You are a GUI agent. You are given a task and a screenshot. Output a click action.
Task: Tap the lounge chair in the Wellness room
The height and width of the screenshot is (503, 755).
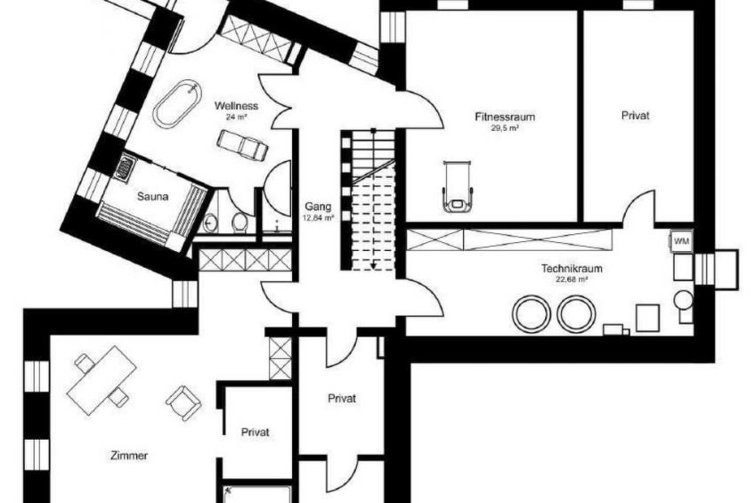coord(242,144)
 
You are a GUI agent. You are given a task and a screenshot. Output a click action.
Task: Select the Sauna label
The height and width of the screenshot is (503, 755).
coord(152,197)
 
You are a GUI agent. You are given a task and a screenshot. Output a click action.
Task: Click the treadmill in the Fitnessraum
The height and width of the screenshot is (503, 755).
coord(458,186)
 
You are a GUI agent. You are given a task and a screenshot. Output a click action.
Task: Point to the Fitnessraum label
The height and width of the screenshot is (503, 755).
coord(505,117)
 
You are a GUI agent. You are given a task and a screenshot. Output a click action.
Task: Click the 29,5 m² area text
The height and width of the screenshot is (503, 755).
coord(505,128)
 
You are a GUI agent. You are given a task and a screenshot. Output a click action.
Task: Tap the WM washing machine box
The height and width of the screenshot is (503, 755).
coord(681,241)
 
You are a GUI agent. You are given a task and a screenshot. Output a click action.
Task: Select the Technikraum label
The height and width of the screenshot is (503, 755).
coord(572,269)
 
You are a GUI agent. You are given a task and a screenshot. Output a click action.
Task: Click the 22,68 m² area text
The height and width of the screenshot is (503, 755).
coord(572,280)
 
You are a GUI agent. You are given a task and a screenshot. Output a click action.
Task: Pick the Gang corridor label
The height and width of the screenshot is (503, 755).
coord(318,207)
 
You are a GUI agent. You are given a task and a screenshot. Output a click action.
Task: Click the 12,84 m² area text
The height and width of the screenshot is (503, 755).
coord(318,217)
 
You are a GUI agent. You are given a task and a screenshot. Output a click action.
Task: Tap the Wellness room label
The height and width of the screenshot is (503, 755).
coord(236,105)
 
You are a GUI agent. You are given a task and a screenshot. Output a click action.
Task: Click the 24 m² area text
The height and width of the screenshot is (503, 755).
coord(236,117)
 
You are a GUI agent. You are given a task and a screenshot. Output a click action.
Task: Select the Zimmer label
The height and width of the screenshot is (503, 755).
coord(129,455)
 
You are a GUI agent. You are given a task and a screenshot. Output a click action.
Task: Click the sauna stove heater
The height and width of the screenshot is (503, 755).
coord(123,167)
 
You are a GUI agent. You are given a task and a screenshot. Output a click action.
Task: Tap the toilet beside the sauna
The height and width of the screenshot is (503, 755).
coord(239,222)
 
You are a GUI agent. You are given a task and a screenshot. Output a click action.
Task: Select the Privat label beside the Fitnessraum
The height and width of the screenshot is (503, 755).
coord(635,116)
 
